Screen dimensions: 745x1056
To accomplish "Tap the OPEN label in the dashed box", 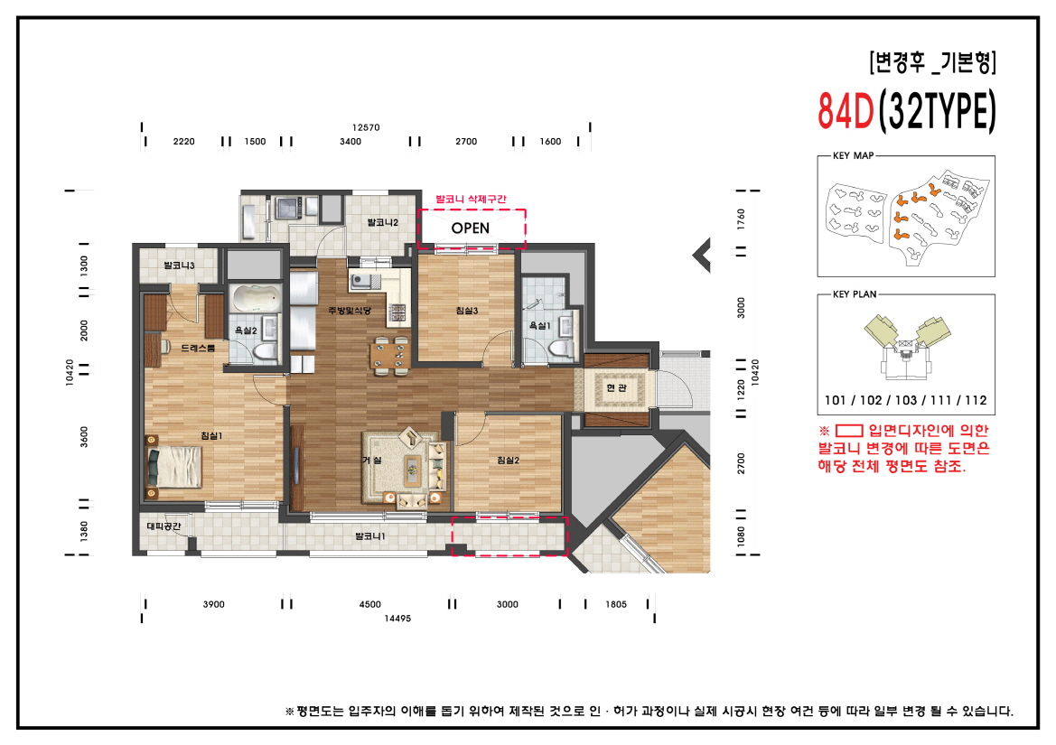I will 470,228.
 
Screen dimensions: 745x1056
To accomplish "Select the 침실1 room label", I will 211,436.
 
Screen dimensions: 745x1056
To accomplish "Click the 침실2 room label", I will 508,461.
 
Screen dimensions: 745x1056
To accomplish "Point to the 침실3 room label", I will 466,312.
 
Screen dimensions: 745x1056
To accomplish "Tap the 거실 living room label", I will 371,461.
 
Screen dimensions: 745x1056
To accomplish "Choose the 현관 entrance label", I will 616,387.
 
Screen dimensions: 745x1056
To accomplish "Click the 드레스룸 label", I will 198,348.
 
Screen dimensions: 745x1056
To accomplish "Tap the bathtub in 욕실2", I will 255,299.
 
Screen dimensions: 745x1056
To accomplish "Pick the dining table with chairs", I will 391,353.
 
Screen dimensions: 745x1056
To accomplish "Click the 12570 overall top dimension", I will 366,127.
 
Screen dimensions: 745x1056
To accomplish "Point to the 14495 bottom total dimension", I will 397,618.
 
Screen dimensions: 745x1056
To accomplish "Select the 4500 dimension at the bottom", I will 369,604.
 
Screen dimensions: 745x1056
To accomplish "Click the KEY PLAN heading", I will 854,294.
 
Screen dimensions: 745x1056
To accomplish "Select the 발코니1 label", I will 369,536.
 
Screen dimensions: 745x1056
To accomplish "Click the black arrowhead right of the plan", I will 701,256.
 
